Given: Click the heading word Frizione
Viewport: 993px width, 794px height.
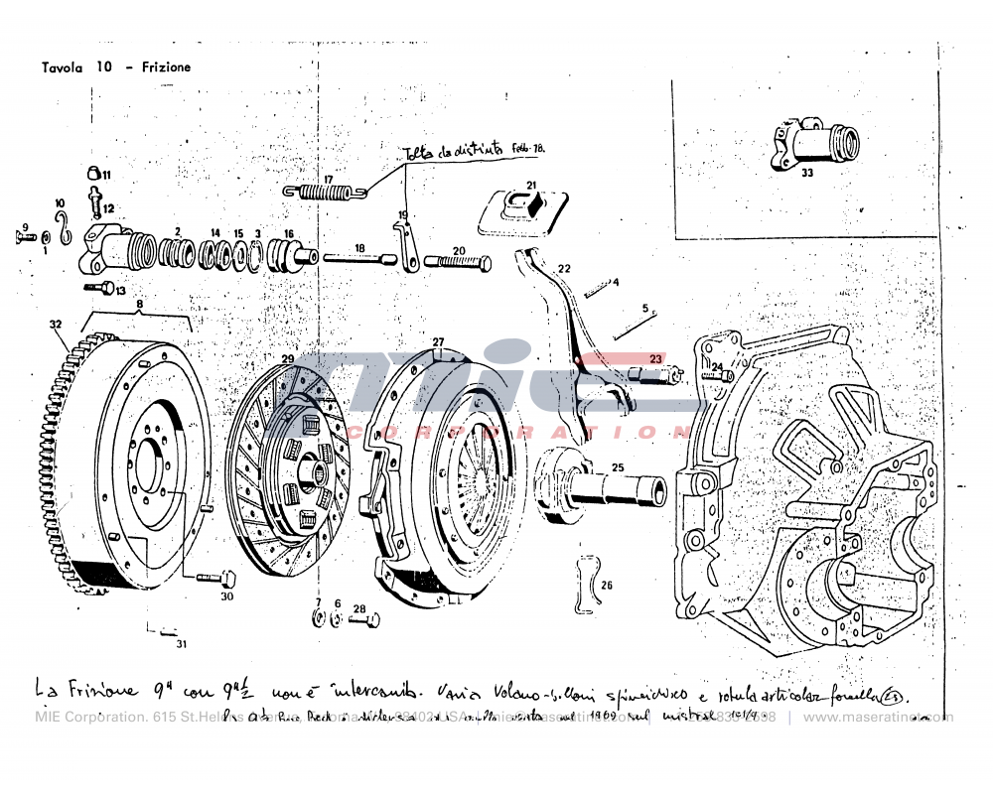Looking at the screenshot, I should tap(167, 67).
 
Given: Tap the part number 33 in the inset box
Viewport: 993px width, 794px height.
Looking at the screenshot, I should tap(806, 172).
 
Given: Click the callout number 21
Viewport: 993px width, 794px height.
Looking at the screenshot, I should tap(531, 186).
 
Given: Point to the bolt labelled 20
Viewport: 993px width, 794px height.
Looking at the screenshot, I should tap(458, 264).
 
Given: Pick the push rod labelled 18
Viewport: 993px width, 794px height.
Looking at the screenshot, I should tap(358, 260).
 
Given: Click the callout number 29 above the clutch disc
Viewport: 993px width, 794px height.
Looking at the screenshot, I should tap(287, 358).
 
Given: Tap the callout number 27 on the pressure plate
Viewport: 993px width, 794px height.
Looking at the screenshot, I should tap(438, 342).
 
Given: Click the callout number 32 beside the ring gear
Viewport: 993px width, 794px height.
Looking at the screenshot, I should tap(55, 324).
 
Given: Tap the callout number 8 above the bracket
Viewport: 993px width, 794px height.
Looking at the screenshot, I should tap(140, 305).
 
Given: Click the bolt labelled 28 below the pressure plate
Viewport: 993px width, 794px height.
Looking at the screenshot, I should tap(362, 621).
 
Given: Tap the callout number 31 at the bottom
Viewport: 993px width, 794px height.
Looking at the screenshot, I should tap(181, 644).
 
